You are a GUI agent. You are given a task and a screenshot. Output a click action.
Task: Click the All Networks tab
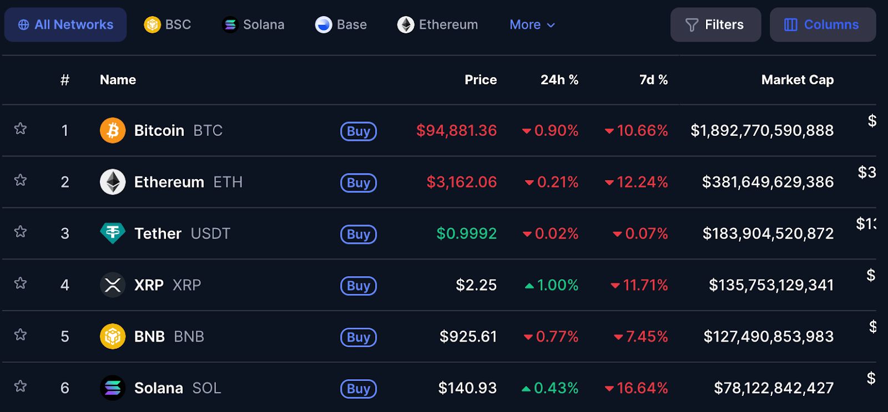tap(65, 25)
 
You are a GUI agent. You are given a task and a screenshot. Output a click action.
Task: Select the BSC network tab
tap(168, 25)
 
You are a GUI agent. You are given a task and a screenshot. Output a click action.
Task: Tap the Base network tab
tap(341, 25)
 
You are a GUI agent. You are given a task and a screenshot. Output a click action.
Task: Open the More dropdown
tap(532, 25)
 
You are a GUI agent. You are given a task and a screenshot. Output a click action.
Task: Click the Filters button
tap(715, 25)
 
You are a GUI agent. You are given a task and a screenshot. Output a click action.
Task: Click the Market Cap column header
tap(797, 80)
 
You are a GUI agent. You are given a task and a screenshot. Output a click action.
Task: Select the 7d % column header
tap(653, 80)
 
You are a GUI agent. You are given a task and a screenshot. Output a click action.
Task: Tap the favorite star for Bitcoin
tap(21, 129)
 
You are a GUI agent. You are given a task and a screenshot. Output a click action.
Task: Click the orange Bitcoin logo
tap(113, 130)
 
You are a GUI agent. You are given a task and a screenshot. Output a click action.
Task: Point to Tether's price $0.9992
tap(466, 233)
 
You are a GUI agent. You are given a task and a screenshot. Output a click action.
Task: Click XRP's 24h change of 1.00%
tap(552, 285)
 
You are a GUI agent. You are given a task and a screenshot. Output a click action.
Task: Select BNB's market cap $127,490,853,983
tap(768, 337)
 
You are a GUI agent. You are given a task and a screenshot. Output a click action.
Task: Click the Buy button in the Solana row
tap(359, 389)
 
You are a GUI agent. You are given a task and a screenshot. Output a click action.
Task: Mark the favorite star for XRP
tap(21, 283)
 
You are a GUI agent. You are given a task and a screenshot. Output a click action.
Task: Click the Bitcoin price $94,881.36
tap(456, 130)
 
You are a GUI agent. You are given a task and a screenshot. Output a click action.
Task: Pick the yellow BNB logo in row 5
tap(113, 337)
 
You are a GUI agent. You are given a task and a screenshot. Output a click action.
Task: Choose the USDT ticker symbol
tap(210, 233)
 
